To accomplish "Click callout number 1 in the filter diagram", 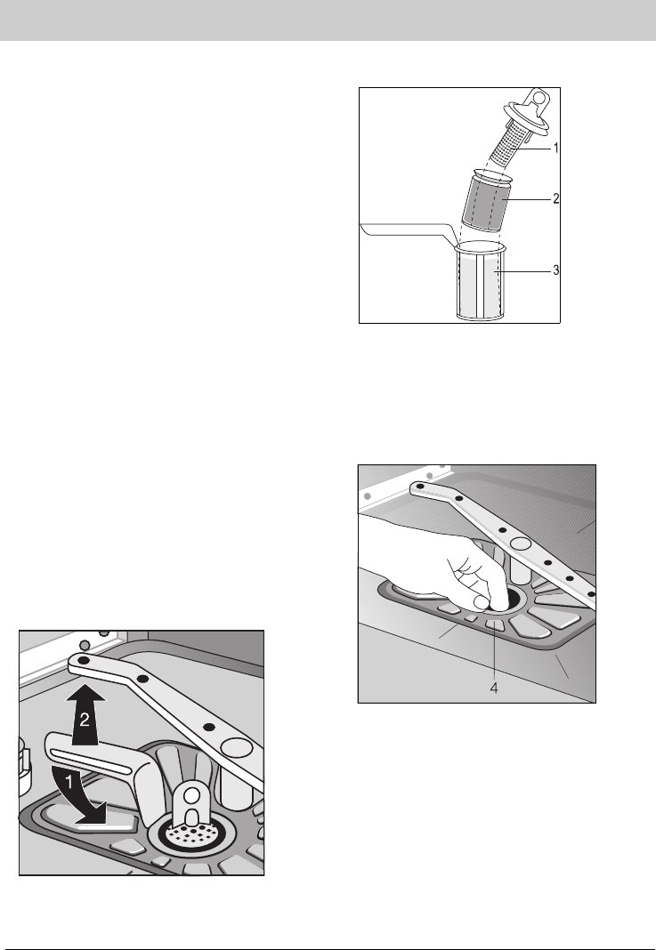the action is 556,148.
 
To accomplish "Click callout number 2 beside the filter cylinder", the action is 556,198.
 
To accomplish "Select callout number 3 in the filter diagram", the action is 556,270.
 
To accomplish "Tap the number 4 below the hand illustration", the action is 494,688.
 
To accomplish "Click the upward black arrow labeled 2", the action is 85,715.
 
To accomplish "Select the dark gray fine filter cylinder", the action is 488,201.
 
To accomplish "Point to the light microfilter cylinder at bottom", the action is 480,281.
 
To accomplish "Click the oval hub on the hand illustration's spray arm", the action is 520,543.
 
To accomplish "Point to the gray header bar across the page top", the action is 328,20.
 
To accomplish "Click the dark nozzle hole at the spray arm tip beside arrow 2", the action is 84,658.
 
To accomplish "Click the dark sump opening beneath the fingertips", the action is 513,600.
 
